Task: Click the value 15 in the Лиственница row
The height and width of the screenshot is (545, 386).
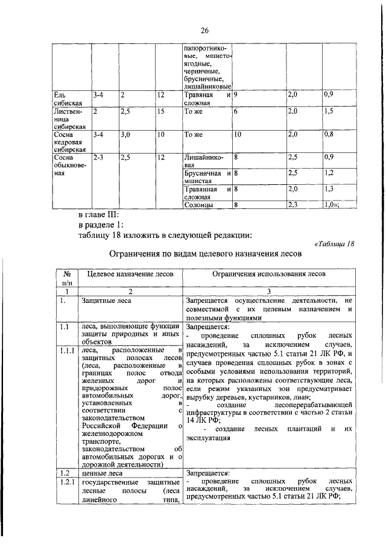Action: [x=161, y=112]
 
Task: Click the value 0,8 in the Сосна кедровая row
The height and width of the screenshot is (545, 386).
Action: [x=329, y=135]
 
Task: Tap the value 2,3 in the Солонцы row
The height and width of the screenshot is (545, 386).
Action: [x=294, y=205]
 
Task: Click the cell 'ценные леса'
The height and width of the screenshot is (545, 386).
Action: [x=98, y=473]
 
